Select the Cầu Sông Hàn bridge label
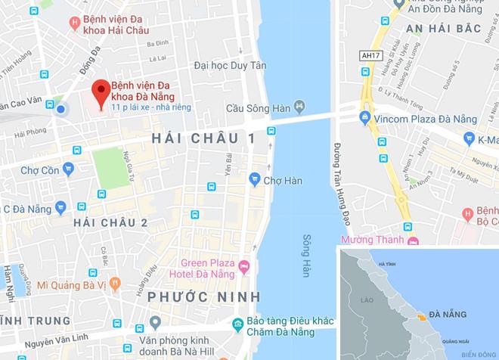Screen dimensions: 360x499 [x=254, y=107]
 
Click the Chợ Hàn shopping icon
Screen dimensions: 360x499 [x=255, y=179]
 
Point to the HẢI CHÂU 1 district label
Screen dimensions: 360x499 [x=203, y=138]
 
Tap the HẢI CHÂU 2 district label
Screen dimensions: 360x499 [x=110, y=222]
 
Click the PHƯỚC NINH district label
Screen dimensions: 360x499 [x=204, y=295]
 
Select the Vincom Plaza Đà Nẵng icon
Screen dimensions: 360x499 [x=366, y=118]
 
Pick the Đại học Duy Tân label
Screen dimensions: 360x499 [x=230, y=66]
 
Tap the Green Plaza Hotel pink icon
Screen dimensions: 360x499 [x=244, y=266]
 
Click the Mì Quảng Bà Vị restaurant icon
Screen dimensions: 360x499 [x=115, y=284]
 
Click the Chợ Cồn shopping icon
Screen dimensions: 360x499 [x=69, y=169]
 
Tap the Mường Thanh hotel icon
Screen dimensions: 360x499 [x=413, y=242]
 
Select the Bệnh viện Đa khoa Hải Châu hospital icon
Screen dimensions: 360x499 [x=74, y=23]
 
